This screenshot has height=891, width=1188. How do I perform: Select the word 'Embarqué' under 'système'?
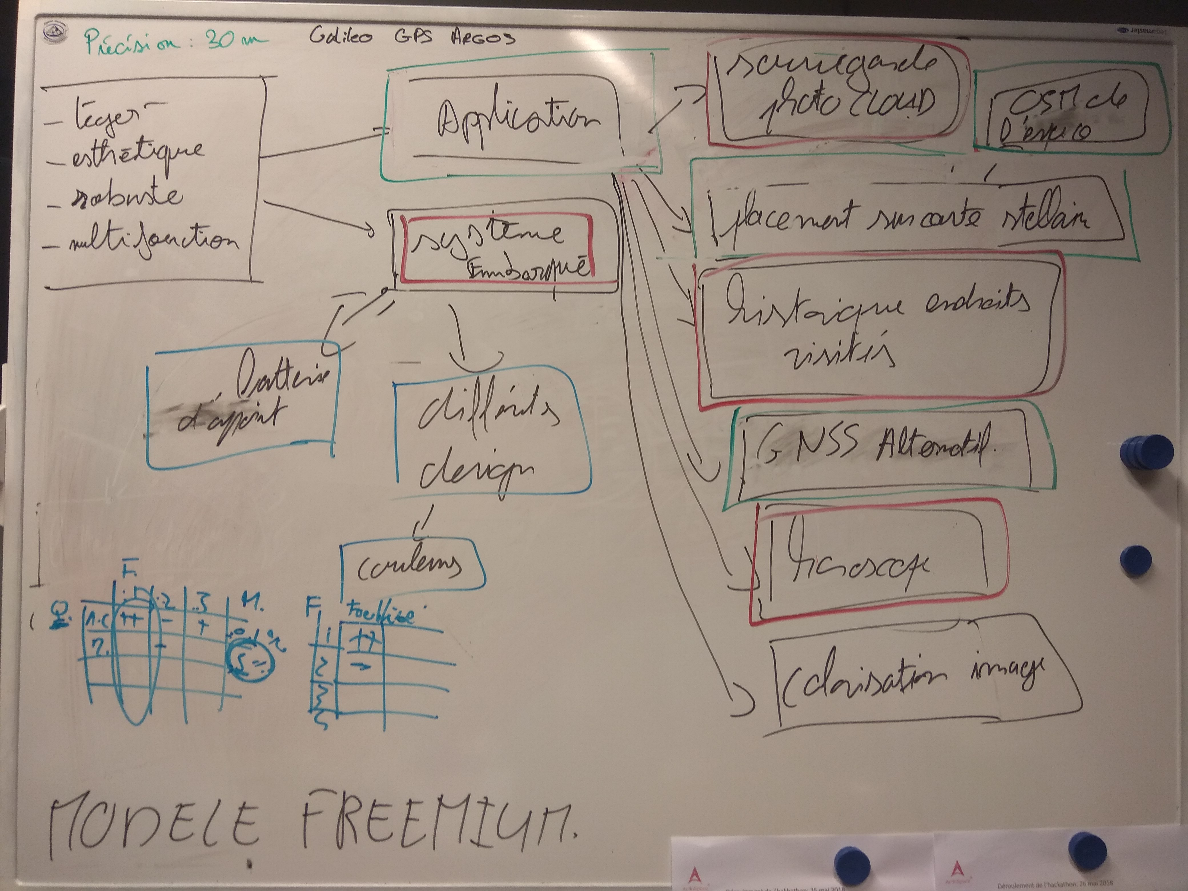click(529, 268)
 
